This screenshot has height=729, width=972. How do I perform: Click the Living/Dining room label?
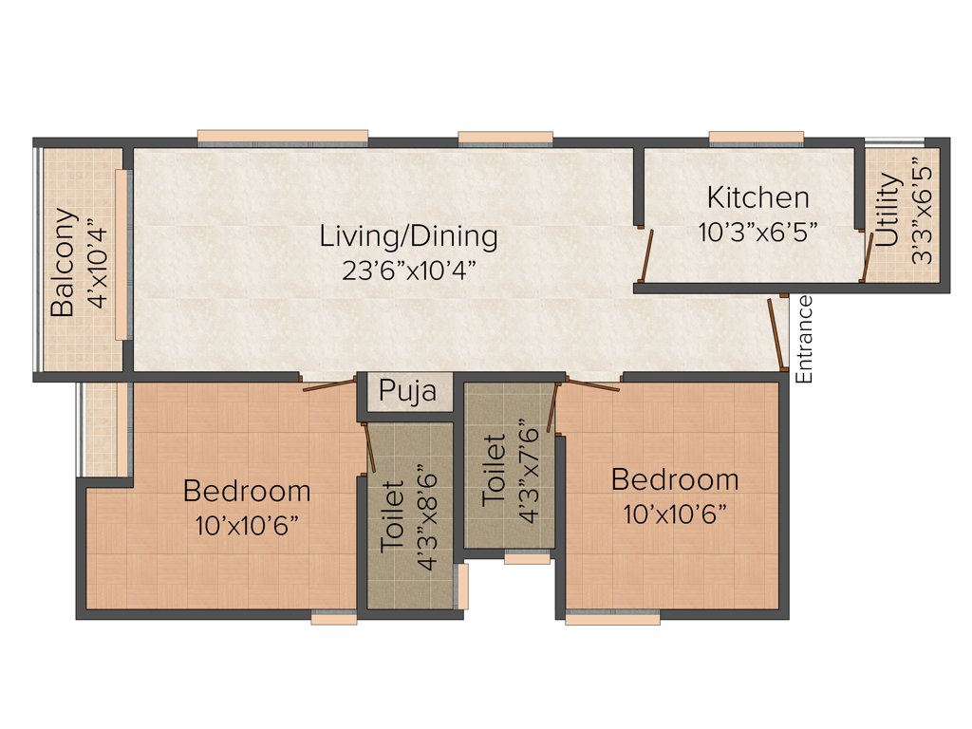(408, 235)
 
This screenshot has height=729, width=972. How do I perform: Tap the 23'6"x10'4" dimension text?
(408, 269)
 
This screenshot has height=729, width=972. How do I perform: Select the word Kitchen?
(757, 198)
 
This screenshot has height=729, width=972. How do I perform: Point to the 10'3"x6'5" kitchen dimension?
(757, 233)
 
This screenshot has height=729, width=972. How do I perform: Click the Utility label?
(888, 210)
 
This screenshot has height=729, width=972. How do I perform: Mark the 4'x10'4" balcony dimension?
(96, 262)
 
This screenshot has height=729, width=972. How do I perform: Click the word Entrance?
(805, 339)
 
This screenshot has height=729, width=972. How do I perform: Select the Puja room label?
(408, 391)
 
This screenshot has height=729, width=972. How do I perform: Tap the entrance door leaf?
(776, 333)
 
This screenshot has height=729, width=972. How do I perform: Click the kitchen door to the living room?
(646, 255)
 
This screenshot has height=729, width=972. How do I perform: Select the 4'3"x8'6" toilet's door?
(369, 447)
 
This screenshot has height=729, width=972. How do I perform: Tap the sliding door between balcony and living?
(121, 254)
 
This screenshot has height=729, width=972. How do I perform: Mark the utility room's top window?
(894, 140)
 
